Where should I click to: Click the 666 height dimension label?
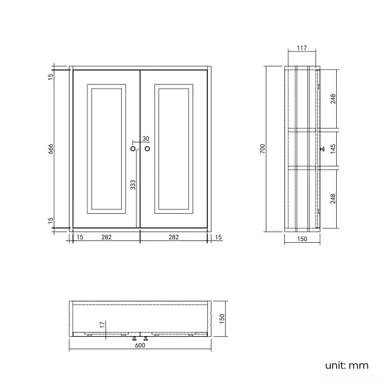click(51, 149)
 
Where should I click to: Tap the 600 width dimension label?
click(140, 346)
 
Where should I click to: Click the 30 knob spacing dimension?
click(145, 139)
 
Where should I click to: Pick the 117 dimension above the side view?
click(302, 48)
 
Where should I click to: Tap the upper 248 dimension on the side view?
click(333, 98)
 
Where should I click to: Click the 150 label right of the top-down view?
click(222, 318)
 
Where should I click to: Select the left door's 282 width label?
click(106, 237)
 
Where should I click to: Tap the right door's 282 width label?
click(174, 237)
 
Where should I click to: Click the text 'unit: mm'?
click(347, 365)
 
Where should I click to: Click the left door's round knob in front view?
click(133, 149)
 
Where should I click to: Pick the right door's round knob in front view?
click(147, 149)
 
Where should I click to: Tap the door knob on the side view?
click(321, 149)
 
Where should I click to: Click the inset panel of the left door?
click(106, 148)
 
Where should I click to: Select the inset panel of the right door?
click(174, 148)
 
